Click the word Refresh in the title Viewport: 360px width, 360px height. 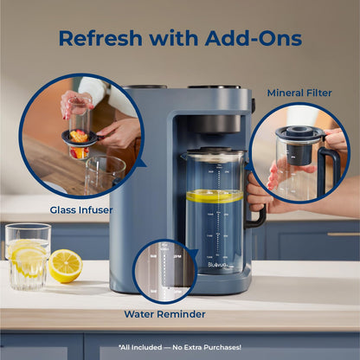(x=102, y=38)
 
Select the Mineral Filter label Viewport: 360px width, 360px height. (x=299, y=93)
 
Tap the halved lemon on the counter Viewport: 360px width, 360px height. (x=65, y=266)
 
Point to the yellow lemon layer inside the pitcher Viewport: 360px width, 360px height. (x=215, y=196)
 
